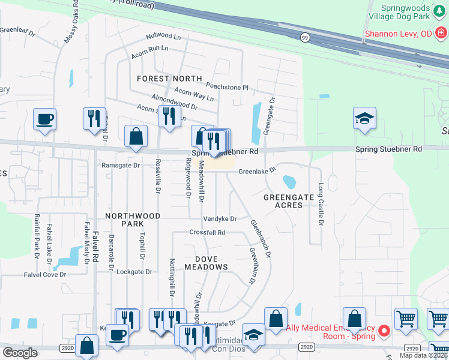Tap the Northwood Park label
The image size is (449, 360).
(x=133, y=220)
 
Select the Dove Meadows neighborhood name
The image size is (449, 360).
(x=205, y=263)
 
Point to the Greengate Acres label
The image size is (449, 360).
(x=289, y=201)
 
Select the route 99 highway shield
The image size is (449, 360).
(x=304, y=37)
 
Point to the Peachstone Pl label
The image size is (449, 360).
(x=227, y=87)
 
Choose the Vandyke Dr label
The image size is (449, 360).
(x=220, y=219)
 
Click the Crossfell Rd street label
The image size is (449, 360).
(x=207, y=232)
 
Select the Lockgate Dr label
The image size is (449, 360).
(x=134, y=272)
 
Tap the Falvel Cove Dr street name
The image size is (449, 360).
(x=45, y=274)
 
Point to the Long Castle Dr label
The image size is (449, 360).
(x=321, y=205)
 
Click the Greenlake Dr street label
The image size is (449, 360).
(x=256, y=171)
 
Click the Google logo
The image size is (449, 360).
(x=20, y=353)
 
